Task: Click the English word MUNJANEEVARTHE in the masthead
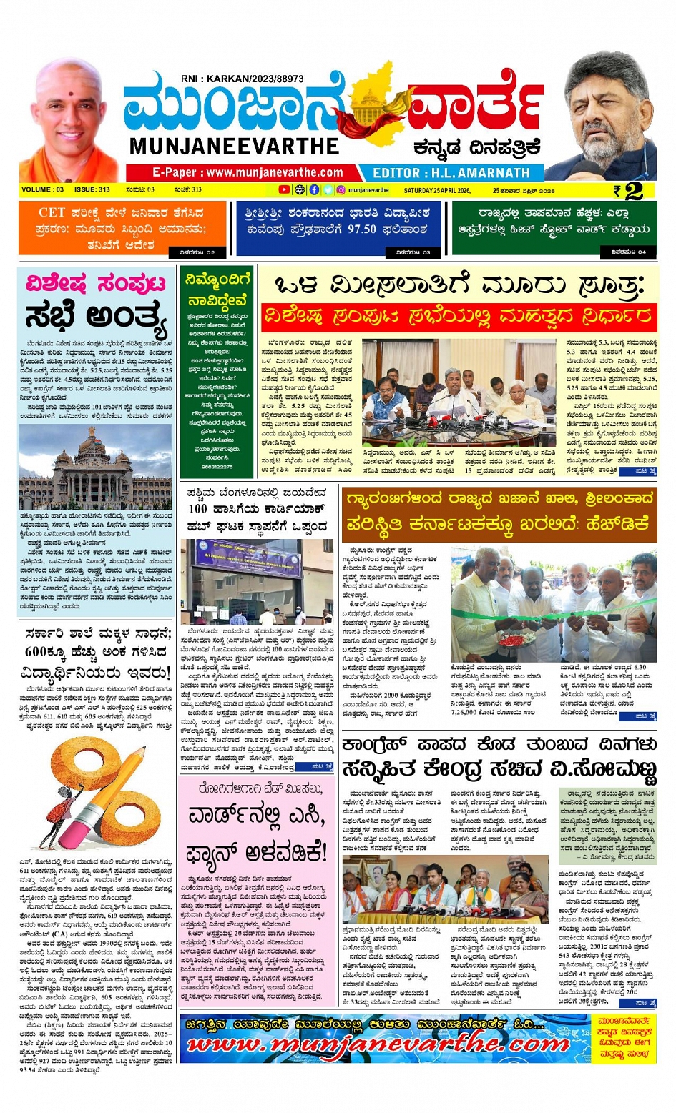234,147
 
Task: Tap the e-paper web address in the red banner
248,173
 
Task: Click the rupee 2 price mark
628,191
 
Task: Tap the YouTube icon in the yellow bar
284,190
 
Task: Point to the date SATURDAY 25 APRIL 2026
437,191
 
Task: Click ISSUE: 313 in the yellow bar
92,190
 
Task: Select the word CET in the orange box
52,212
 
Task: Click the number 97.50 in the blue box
362,229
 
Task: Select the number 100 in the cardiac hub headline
198,509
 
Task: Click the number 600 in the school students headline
35,652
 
